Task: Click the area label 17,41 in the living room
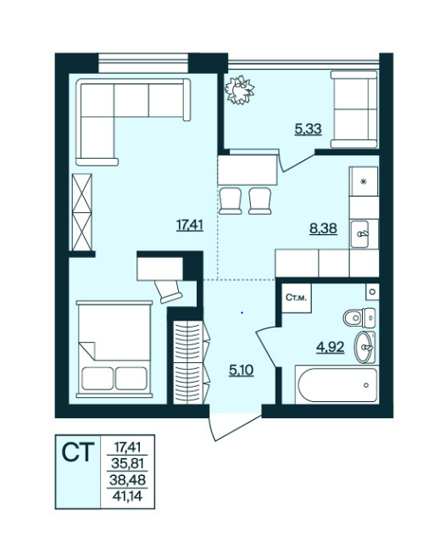[190, 226]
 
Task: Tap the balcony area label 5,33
[308, 129]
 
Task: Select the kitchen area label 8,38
[323, 228]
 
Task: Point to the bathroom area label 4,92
[330, 347]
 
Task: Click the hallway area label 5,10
[242, 370]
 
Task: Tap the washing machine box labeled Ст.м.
[296, 298]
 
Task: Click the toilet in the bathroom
[359, 317]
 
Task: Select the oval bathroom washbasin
[364, 347]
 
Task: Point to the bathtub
[337, 384]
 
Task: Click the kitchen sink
[359, 234]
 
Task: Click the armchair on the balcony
[354, 109]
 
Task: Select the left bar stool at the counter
[231, 201]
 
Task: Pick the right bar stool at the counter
[260, 201]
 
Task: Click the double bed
[114, 349]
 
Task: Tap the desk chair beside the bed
[168, 292]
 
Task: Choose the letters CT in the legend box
[78, 453]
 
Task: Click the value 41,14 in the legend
[127, 496]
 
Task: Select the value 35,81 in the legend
[127, 464]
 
